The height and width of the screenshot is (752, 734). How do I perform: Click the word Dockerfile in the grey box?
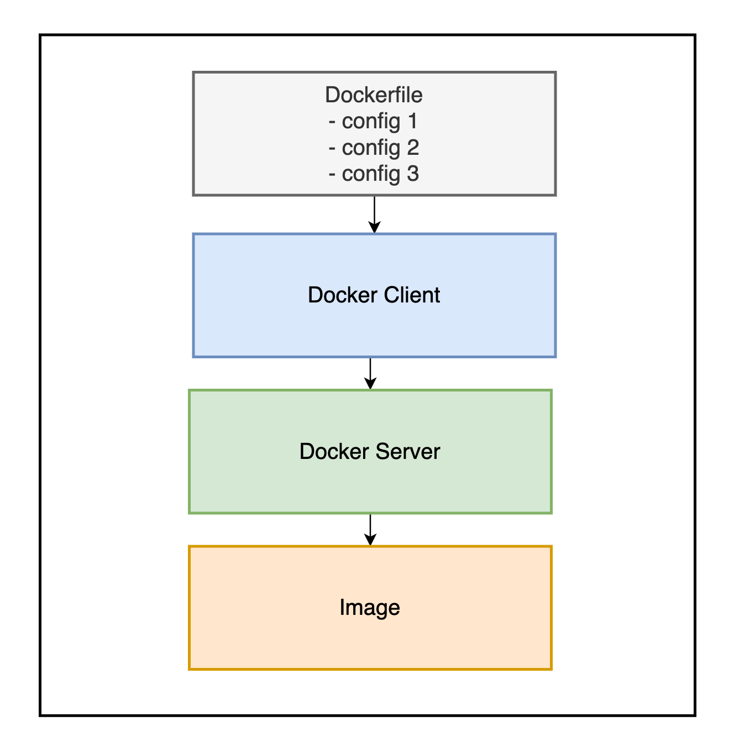point(374,95)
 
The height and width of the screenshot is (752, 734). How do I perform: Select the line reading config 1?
point(374,121)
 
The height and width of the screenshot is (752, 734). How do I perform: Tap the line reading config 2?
point(374,148)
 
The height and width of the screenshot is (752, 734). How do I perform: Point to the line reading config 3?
point(374,174)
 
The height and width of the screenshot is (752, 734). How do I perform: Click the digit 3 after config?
point(413,174)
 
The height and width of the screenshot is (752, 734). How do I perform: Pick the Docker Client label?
point(374,295)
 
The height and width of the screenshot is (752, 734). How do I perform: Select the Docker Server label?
point(369,452)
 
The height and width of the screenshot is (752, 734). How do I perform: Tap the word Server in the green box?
point(408,452)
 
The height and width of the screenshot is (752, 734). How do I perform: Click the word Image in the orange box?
point(369,608)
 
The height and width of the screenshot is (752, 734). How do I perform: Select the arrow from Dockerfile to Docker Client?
point(375,213)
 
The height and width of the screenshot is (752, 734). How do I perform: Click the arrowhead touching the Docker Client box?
point(375,227)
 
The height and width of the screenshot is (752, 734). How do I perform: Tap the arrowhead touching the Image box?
point(370,540)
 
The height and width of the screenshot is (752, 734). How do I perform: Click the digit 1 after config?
point(412,121)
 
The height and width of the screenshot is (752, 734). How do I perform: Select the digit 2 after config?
point(413,148)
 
